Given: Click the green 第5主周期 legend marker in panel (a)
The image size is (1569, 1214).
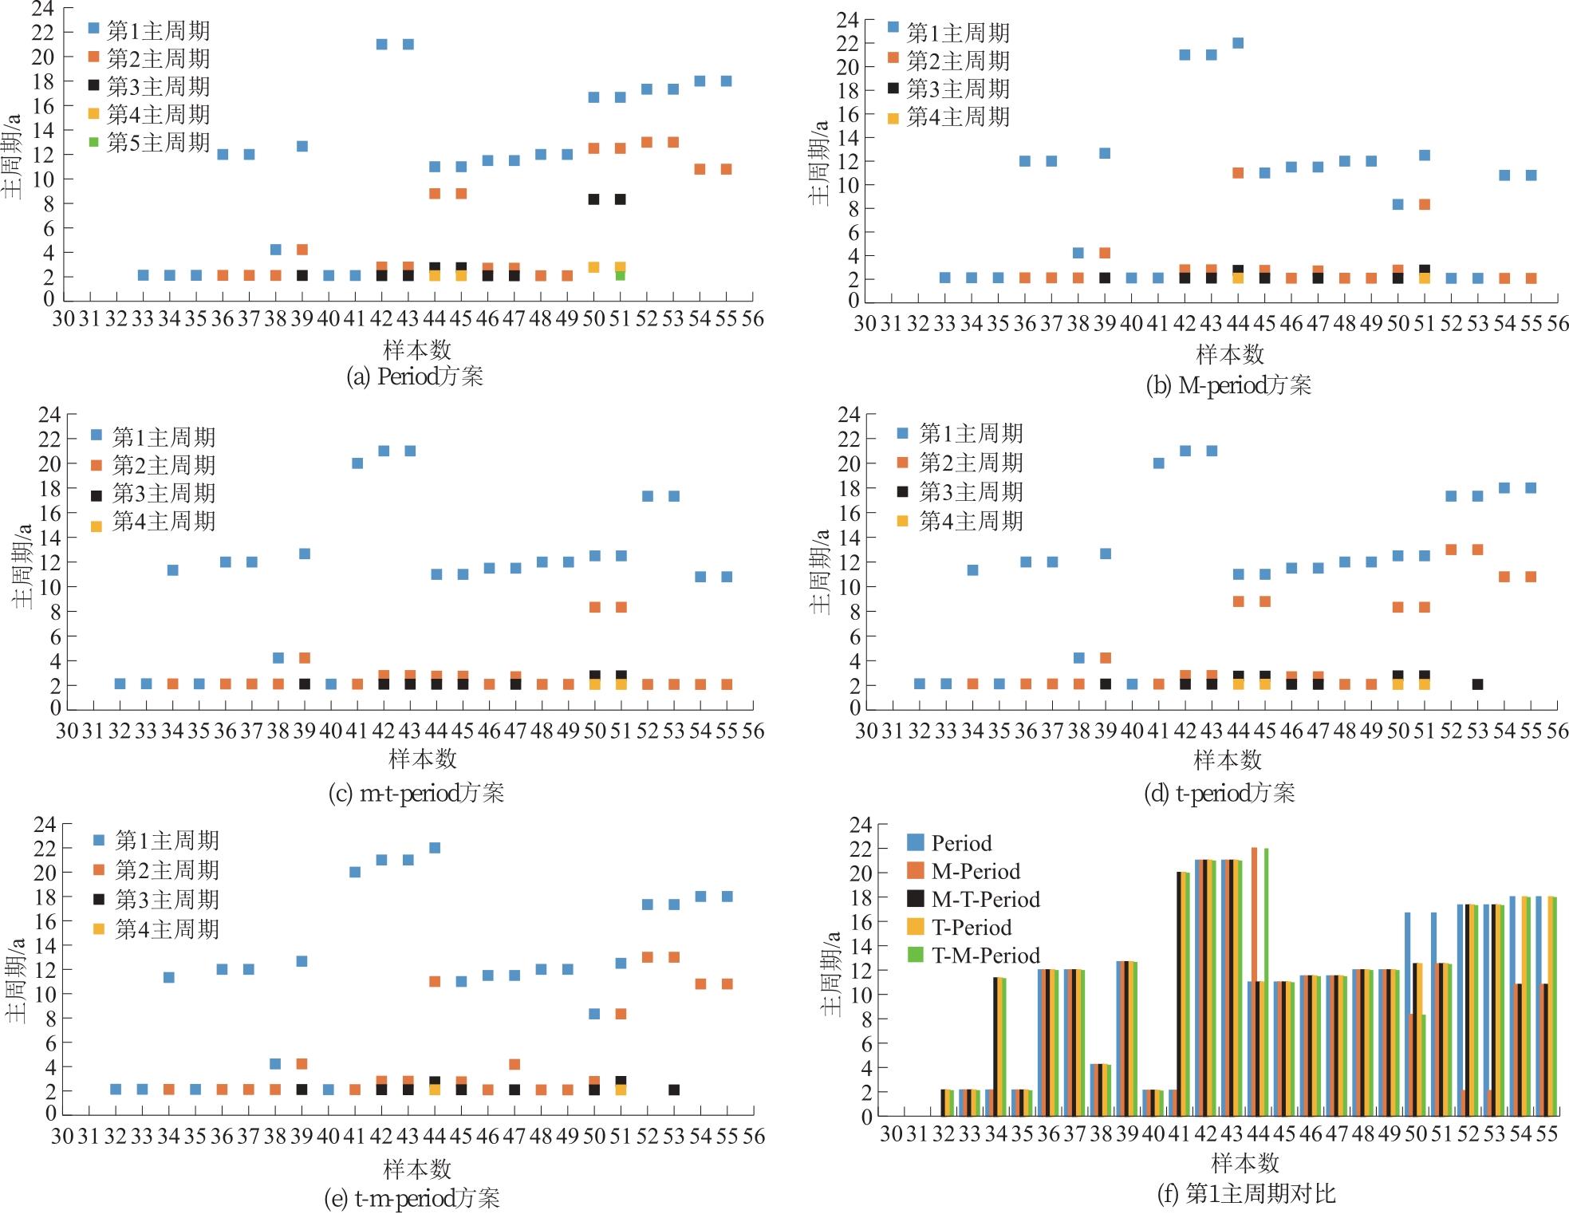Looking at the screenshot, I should coord(94,142).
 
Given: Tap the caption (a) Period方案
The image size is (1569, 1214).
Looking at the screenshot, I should coord(414,376).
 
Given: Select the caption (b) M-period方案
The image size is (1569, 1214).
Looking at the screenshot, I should coord(1228,386).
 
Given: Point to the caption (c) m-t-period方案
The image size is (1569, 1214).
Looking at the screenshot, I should coord(416,793).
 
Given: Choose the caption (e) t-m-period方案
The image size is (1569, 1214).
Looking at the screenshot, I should coord(412,1198).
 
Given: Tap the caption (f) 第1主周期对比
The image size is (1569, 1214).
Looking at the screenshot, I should coord(1246,1193).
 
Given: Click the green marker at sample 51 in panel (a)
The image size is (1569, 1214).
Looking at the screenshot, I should coord(621,275).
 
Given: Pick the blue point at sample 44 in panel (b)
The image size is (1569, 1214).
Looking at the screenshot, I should coord(1238,43).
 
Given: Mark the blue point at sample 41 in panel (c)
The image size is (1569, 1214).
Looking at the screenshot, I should coord(357,463).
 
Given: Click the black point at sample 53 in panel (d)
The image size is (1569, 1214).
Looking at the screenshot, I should coord(1477,684).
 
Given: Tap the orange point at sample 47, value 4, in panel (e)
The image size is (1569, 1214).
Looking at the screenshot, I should coord(514,1064).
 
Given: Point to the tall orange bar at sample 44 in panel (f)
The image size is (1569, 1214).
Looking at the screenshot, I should coord(1255,981).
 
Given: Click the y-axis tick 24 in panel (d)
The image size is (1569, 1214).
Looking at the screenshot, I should coord(849,414).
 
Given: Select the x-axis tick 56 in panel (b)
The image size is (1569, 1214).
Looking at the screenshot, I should coord(1557,324).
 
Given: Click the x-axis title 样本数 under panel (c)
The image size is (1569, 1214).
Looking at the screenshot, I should coord(422,759).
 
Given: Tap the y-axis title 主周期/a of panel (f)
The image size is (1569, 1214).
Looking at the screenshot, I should coord(832,973).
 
